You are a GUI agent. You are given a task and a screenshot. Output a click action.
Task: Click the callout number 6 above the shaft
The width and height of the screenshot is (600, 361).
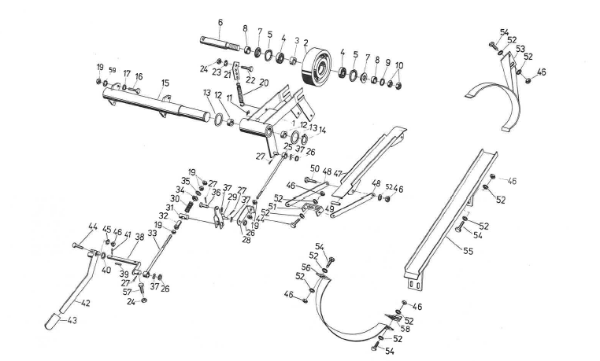(220, 21)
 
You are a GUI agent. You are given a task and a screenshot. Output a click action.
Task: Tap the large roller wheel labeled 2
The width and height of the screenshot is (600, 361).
(317, 69)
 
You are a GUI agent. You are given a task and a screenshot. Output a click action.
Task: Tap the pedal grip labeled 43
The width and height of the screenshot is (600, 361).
(52, 322)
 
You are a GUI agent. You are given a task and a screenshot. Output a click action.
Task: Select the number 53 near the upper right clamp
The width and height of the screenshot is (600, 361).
(522, 49)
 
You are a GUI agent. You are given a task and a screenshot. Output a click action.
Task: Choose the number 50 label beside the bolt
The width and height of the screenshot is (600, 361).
(314, 168)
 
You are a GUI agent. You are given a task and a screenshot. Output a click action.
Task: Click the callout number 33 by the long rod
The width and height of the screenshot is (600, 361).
(151, 234)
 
